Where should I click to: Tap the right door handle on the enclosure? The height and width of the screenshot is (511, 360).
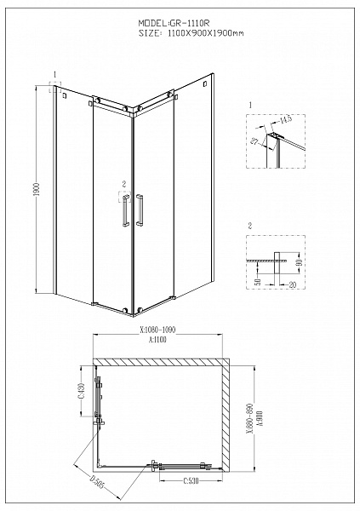140,210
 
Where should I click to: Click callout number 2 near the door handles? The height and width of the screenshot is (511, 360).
124,183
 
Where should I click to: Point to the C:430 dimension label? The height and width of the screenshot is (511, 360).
82,388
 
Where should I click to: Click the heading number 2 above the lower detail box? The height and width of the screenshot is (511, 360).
250,225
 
